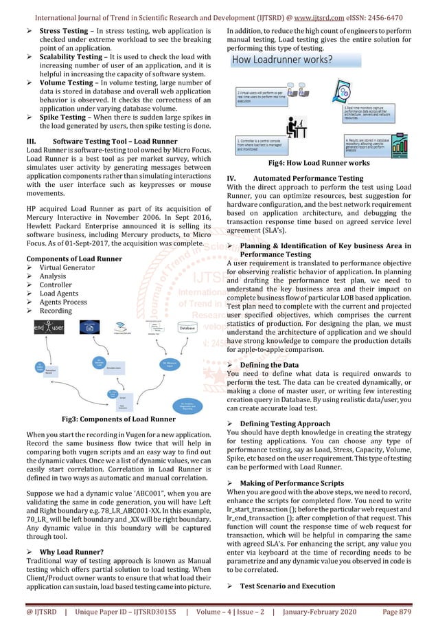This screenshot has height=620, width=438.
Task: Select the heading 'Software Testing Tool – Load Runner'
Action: (x=115, y=142)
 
